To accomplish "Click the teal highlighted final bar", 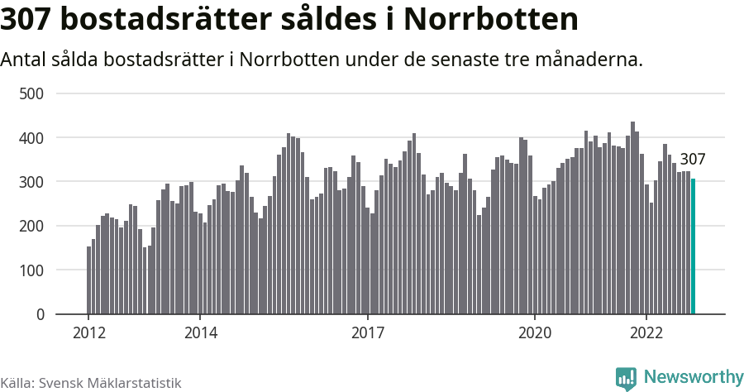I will click(693, 246).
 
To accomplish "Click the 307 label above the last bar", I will click(693, 160).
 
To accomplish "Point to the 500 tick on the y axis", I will click(31, 93).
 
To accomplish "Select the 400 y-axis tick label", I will click(31, 137).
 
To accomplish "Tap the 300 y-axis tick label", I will click(31, 182).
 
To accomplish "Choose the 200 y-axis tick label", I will click(31, 226).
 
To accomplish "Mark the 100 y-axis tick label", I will click(31, 270).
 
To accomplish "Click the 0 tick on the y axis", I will click(38, 314).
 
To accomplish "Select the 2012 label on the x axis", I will click(88, 332).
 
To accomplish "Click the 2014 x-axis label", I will click(200, 332).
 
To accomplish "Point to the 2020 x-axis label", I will click(534, 332).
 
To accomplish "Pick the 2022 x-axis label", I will click(646, 332).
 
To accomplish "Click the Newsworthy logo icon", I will click(626, 378).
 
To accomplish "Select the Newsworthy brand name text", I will click(693, 377).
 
